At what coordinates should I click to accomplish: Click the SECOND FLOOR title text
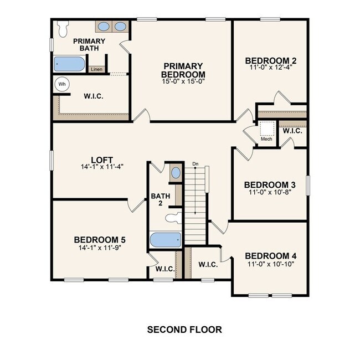[x=184, y=330]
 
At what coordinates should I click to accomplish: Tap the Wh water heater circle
[x=62, y=84]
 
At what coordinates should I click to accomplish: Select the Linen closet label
[x=96, y=69]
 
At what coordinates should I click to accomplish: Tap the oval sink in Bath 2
[x=175, y=173]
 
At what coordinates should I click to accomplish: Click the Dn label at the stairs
[x=195, y=164]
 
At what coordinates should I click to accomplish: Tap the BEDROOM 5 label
[x=100, y=240]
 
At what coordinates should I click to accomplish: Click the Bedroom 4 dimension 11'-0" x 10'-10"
[x=271, y=264]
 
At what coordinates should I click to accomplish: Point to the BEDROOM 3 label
[x=270, y=184]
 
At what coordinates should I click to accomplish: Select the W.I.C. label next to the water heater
[x=92, y=96]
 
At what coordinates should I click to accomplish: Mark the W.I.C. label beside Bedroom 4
[x=208, y=265]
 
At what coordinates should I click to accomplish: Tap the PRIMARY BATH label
[x=89, y=44]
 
